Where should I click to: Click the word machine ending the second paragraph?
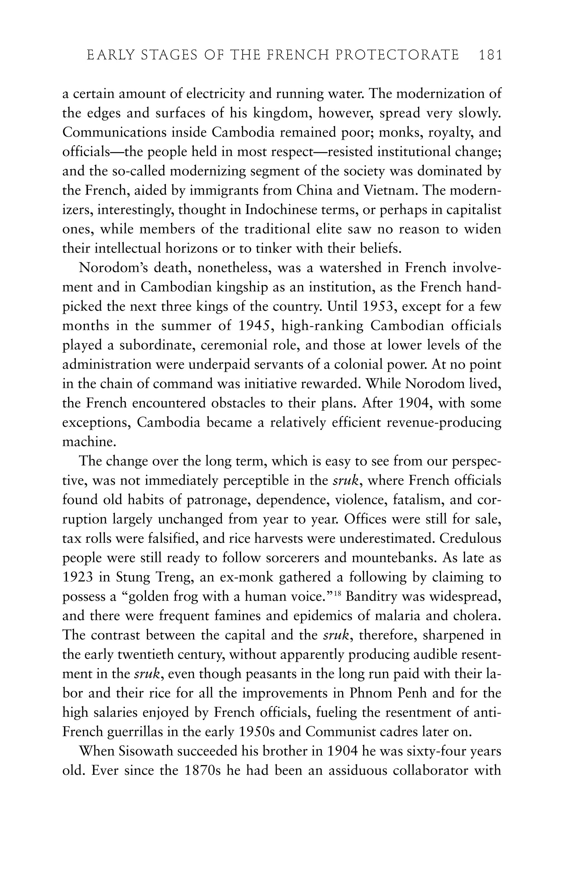pos(89,442)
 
